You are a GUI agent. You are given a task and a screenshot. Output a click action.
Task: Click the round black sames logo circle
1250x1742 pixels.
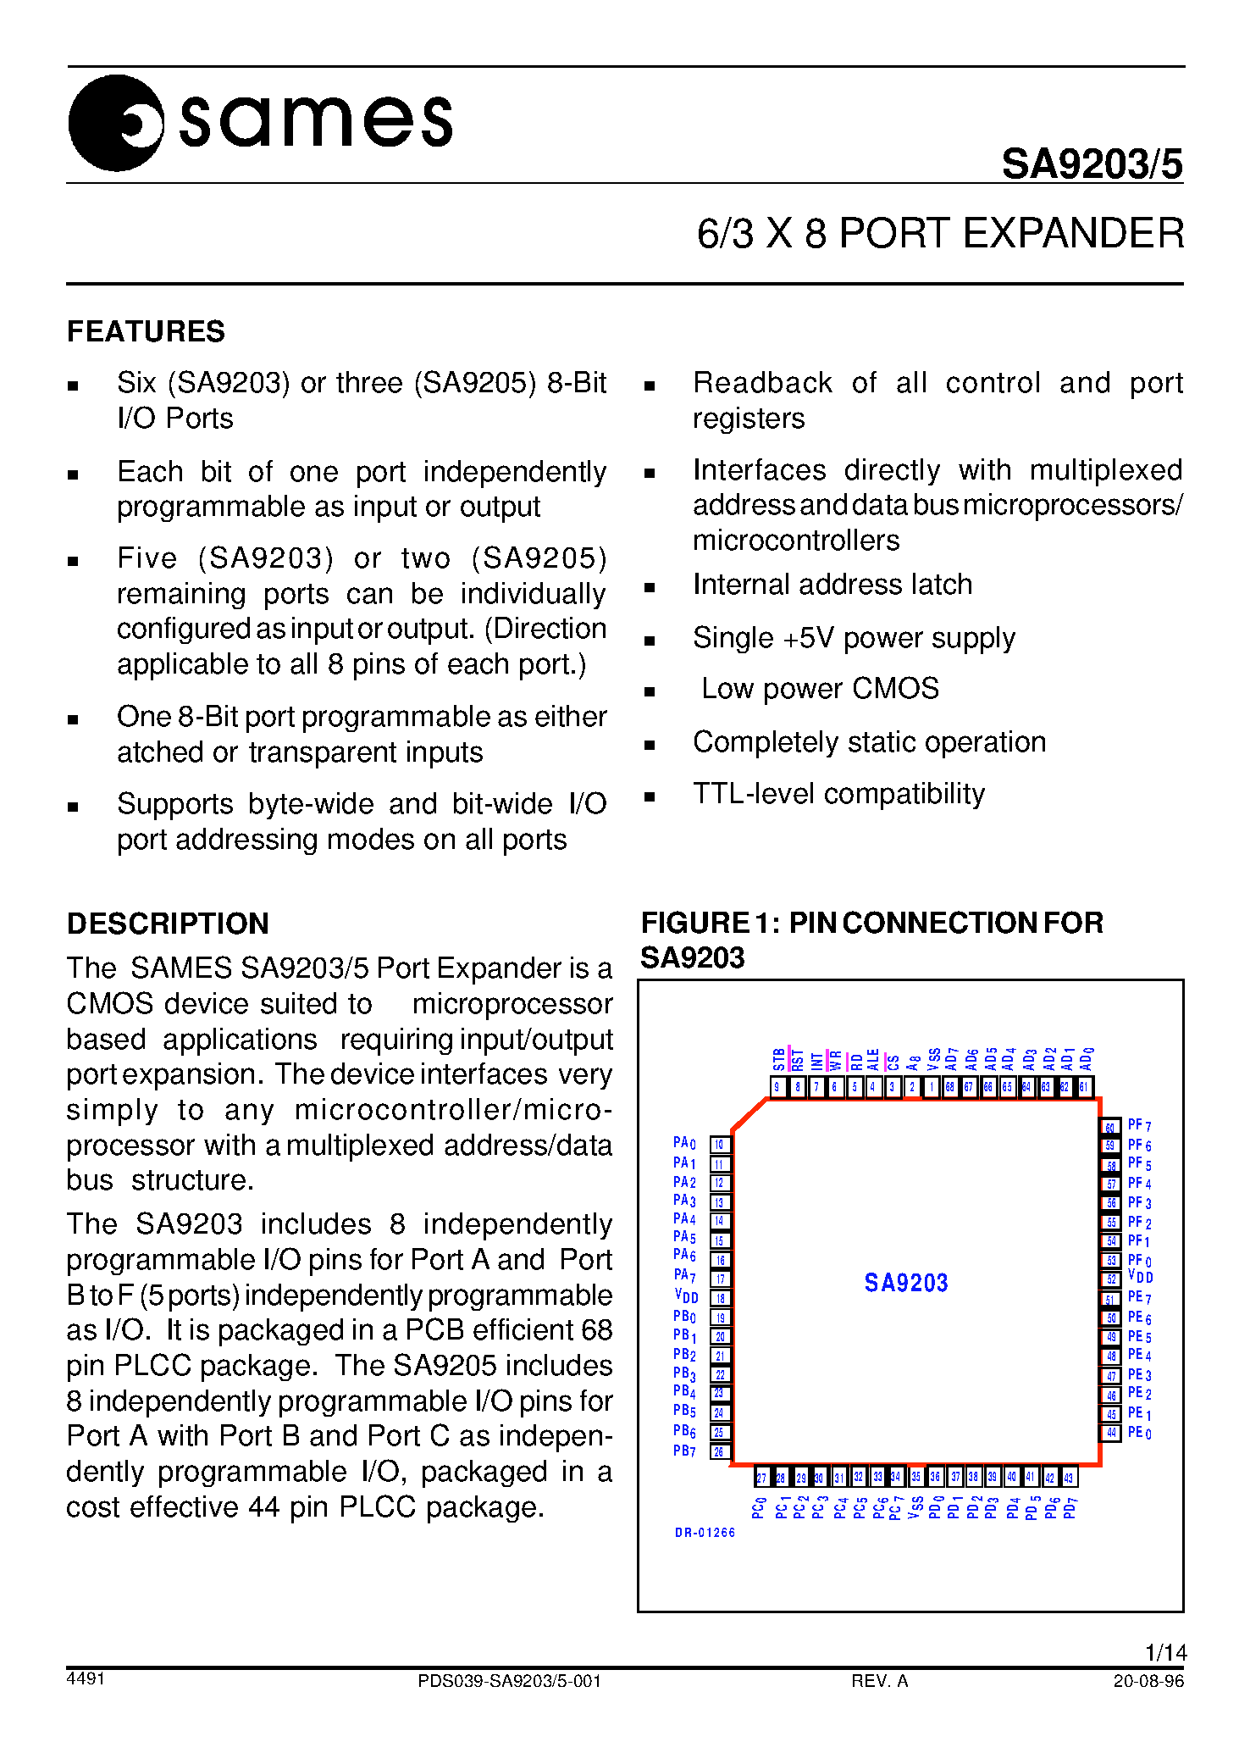[x=115, y=123]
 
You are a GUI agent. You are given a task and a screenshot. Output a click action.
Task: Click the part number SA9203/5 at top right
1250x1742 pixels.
[x=1092, y=164]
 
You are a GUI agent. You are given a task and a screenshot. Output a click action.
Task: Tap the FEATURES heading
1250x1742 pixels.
[x=146, y=331]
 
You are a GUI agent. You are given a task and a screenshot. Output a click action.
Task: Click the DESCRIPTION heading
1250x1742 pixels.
[x=168, y=924]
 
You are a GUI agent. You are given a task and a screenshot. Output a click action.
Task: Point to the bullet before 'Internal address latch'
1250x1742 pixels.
[x=650, y=587]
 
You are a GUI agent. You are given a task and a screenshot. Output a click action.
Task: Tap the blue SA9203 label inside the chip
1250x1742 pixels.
[x=906, y=1283]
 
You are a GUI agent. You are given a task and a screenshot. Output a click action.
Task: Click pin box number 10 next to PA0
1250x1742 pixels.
[x=719, y=1145]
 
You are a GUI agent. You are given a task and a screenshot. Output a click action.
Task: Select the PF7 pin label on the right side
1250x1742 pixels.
[x=1139, y=1125]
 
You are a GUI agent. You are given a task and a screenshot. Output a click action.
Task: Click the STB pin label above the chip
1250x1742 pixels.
[x=778, y=1059]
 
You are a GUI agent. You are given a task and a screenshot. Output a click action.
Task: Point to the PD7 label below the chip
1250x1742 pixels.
[x=1070, y=1508]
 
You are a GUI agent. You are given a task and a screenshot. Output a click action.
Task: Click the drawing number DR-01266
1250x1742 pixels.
[x=705, y=1533]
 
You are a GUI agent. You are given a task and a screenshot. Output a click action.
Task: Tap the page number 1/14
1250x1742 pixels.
[x=1165, y=1652]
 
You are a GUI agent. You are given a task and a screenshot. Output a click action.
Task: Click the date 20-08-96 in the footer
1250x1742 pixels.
[x=1148, y=1681]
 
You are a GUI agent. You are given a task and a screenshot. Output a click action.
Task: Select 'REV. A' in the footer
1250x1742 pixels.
[x=879, y=1681]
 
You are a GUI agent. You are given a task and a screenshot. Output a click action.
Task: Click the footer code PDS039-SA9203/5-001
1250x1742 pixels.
[x=509, y=1681]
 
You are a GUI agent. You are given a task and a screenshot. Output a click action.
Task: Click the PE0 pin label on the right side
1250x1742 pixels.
[x=1139, y=1433]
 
